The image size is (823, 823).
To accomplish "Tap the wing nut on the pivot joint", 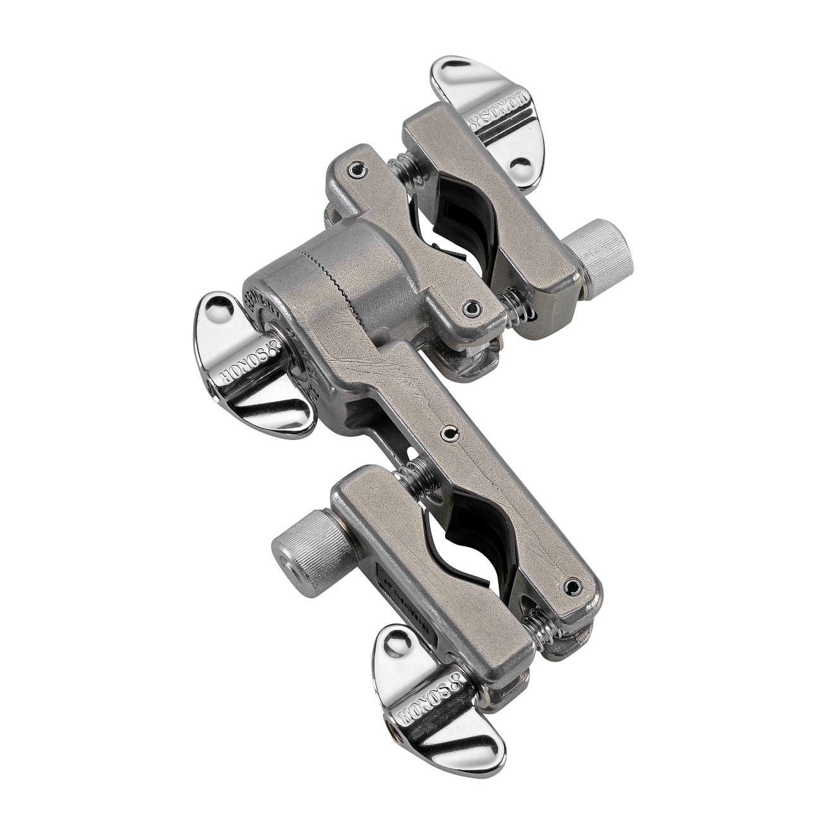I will [253, 367].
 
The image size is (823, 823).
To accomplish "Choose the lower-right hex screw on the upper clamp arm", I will [469, 308].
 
